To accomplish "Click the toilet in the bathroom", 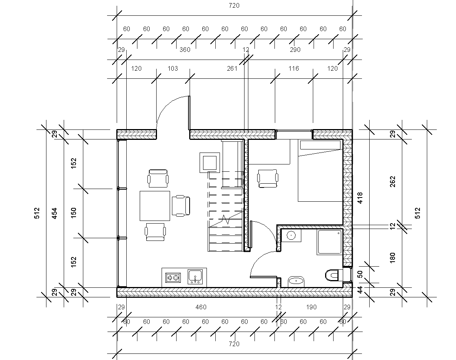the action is [333, 275].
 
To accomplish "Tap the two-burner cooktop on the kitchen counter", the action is [173, 278].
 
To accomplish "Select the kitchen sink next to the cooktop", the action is [195, 277].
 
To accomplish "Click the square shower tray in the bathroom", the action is [330, 242].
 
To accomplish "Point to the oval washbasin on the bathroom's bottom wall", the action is [296, 282].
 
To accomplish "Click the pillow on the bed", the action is [320, 145].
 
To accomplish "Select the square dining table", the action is [155, 206].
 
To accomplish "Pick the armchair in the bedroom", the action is [268, 178].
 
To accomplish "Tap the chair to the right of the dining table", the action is [181, 206].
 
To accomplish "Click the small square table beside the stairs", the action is [210, 163].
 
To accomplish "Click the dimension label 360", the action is [185, 50].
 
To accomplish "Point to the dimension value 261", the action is [232, 69].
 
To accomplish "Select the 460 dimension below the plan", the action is [201, 307].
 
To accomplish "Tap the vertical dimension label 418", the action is [360, 198].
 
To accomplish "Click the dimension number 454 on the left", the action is [55, 213].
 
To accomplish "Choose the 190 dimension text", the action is [311, 307].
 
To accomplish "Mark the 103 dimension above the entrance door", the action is [173, 69].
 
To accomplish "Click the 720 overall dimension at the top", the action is [234, 6].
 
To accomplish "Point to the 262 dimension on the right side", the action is [393, 182].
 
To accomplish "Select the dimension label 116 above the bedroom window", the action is [294, 69].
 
